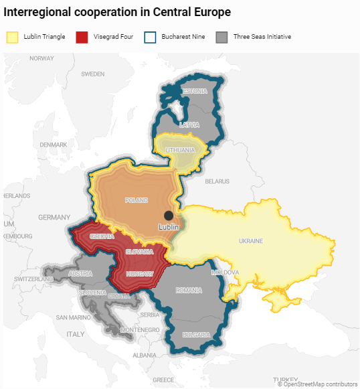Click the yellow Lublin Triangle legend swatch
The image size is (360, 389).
pos(12,37)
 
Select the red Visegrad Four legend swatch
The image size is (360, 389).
pos(82,37)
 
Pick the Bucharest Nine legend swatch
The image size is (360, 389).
pos(151,37)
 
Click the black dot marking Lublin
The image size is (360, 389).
pos(169,215)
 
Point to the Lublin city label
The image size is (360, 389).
pos(169,227)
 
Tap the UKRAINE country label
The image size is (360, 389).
pos(251,241)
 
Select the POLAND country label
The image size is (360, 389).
pos(136,200)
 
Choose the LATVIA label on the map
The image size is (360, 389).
pos(189,125)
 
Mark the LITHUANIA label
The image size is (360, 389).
pos(180,150)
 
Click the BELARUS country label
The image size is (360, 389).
pos(217,181)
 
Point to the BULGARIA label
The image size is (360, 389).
pos(196,334)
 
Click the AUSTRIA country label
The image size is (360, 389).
pos(80,274)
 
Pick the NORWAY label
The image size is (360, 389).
pos(41,58)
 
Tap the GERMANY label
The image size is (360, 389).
pos(54,218)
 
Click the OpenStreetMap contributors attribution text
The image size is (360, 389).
pos(317,384)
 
